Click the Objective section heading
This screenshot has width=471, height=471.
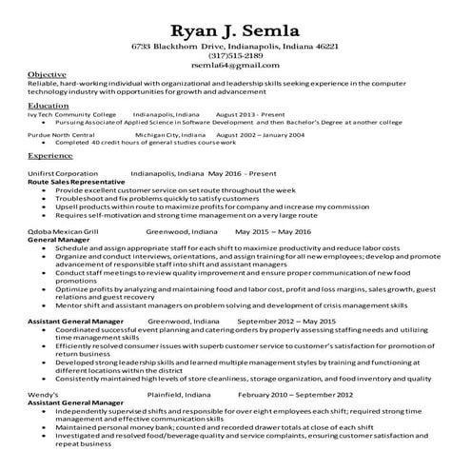47,74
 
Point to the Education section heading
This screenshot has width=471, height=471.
49,106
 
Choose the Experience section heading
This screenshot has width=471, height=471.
50,154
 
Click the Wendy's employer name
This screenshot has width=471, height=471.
45,393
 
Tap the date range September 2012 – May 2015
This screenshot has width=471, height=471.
287,322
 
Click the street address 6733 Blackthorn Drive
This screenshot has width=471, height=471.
199,46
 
